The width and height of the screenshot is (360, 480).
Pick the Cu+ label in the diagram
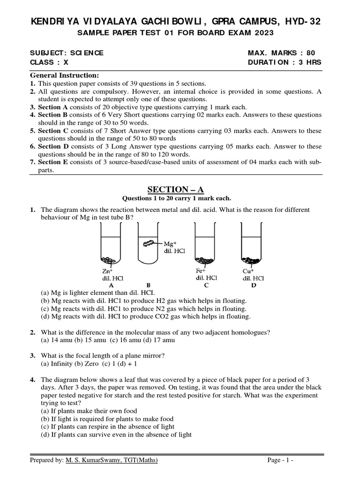pos(248,271)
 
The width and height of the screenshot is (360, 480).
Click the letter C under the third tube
pos(206,285)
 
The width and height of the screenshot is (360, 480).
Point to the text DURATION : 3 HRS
pos(285,63)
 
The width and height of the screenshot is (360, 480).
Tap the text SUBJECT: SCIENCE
pos(67,53)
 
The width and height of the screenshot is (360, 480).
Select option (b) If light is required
pos(107,419)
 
